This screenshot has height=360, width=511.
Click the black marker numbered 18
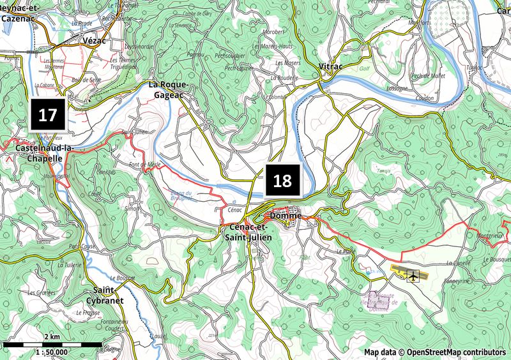(x=282, y=181)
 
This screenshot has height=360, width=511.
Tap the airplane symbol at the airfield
(x=413, y=276)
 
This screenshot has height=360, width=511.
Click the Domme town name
(x=286, y=216)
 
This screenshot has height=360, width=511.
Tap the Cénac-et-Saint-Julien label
(x=247, y=232)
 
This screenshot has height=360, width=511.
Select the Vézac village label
(x=94, y=40)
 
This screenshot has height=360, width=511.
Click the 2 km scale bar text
(x=52, y=337)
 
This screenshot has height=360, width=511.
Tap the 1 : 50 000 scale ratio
(x=52, y=352)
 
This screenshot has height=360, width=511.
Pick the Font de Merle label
(x=144, y=165)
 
